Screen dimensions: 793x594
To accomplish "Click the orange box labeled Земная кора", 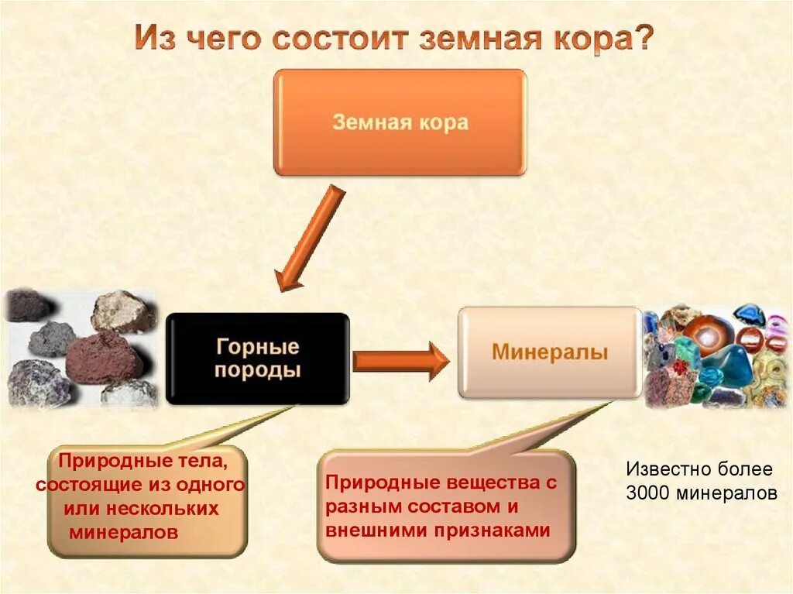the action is (400, 122).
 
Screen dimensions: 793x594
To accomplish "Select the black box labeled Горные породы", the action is (257, 358).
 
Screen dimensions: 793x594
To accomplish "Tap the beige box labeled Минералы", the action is (549, 353).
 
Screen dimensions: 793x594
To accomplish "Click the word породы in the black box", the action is (257, 370).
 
